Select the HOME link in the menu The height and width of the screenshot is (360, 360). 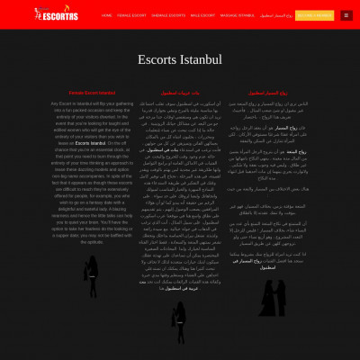[x=106, y=15]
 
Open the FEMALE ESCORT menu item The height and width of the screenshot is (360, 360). [x=131, y=15]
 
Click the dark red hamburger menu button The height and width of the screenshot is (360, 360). [x=346, y=15]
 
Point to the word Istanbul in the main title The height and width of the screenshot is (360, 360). [x=202, y=60]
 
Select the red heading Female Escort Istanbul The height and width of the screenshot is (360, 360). [x=92, y=93]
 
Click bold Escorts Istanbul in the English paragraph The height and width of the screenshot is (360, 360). [x=90, y=143]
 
